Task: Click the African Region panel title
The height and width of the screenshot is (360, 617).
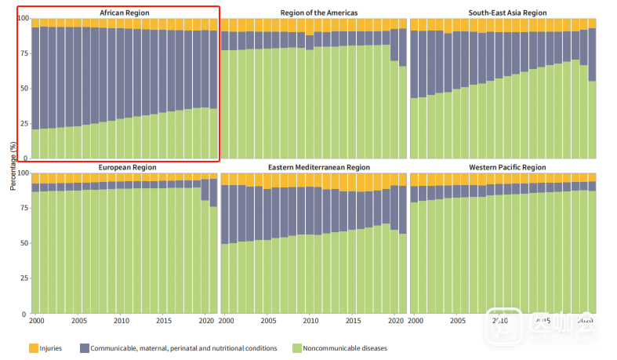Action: (x=125, y=13)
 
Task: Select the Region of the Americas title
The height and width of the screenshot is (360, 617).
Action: (x=314, y=13)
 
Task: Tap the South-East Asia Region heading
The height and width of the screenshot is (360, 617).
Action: (x=503, y=13)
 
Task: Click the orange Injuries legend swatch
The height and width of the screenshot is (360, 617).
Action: (x=34, y=347)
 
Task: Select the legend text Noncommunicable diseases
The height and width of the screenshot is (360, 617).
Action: (x=346, y=347)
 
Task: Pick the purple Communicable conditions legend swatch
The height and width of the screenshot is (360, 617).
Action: (x=82, y=347)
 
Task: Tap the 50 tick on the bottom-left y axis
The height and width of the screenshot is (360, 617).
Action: (x=24, y=243)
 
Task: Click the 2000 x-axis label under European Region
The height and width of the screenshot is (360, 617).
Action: (x=36, y=322)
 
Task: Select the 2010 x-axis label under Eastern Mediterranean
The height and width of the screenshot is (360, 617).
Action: (x=310, y=322)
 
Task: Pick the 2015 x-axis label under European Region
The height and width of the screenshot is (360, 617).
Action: (x=163, y=322)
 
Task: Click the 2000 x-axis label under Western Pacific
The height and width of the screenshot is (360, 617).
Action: (x=415, y=322)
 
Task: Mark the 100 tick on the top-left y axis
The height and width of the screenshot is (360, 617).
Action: (x=23, y=18)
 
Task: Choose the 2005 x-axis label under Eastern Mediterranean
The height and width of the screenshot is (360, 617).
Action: (x=268, y=322)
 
